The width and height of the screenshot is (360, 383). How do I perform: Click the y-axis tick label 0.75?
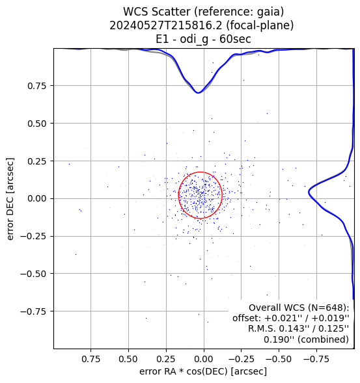coord(36,86)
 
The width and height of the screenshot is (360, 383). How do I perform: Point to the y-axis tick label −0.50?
coord(33,274)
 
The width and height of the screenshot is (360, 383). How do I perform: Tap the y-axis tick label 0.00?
coord(36,199)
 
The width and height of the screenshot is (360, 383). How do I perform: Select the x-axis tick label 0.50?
coord(128,359)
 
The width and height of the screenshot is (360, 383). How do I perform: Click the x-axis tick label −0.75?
coord(317,359)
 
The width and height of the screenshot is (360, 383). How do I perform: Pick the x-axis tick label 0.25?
coord(166,359)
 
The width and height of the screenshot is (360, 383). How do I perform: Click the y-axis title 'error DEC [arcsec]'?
coord(10,199)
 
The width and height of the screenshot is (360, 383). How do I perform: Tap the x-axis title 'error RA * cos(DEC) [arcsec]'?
coord(203,371)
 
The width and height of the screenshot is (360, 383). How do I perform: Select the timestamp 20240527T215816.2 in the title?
coord(167,25)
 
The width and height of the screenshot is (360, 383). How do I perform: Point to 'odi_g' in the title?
coord(194,39)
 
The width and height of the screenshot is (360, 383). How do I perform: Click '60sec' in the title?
coord(235,39)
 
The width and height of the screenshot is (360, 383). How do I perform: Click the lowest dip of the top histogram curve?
coord(198,93)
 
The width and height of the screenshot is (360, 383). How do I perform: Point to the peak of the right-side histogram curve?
coord(309,192)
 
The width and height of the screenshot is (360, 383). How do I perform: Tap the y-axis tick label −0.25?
coord(33,237)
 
